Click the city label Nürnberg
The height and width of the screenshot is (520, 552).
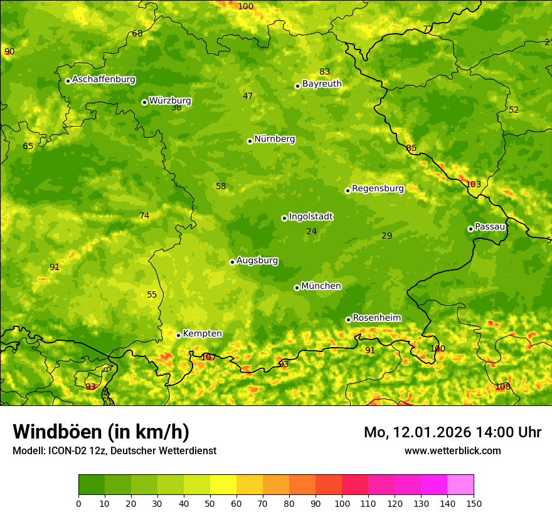click(x=274, y=139)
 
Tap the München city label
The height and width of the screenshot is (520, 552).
click(x=321, y=286)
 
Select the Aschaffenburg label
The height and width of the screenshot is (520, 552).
click(x=103, y=80)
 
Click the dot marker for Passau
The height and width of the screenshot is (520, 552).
click(x=470, y=229)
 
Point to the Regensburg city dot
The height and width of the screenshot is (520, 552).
click(x=348, y=190)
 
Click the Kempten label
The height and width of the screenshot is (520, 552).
click(x=202, y=334)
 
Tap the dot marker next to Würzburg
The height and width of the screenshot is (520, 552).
click(x=144, y=102)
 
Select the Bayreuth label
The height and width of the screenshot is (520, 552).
click(x=322, y=84)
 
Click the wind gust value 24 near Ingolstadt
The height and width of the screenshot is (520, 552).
click(x=311, y=232)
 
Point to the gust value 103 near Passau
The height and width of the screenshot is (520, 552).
click(x=473, y=184)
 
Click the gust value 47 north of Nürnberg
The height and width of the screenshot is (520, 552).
click(x=248, y=96)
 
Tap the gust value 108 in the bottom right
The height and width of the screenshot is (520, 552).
click(x=502, y=387)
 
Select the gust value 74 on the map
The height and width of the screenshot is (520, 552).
click(x=144, y=216)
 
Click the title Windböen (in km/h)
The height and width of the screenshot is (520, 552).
click(x=101, y=432)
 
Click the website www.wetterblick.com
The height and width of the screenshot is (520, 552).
click(x=452, y=450)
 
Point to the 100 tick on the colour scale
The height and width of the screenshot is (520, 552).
click(x=342, y=503)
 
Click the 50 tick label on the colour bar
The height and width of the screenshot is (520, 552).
click(x=210, y=503)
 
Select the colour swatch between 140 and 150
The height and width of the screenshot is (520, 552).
click(x=460, y=485)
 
